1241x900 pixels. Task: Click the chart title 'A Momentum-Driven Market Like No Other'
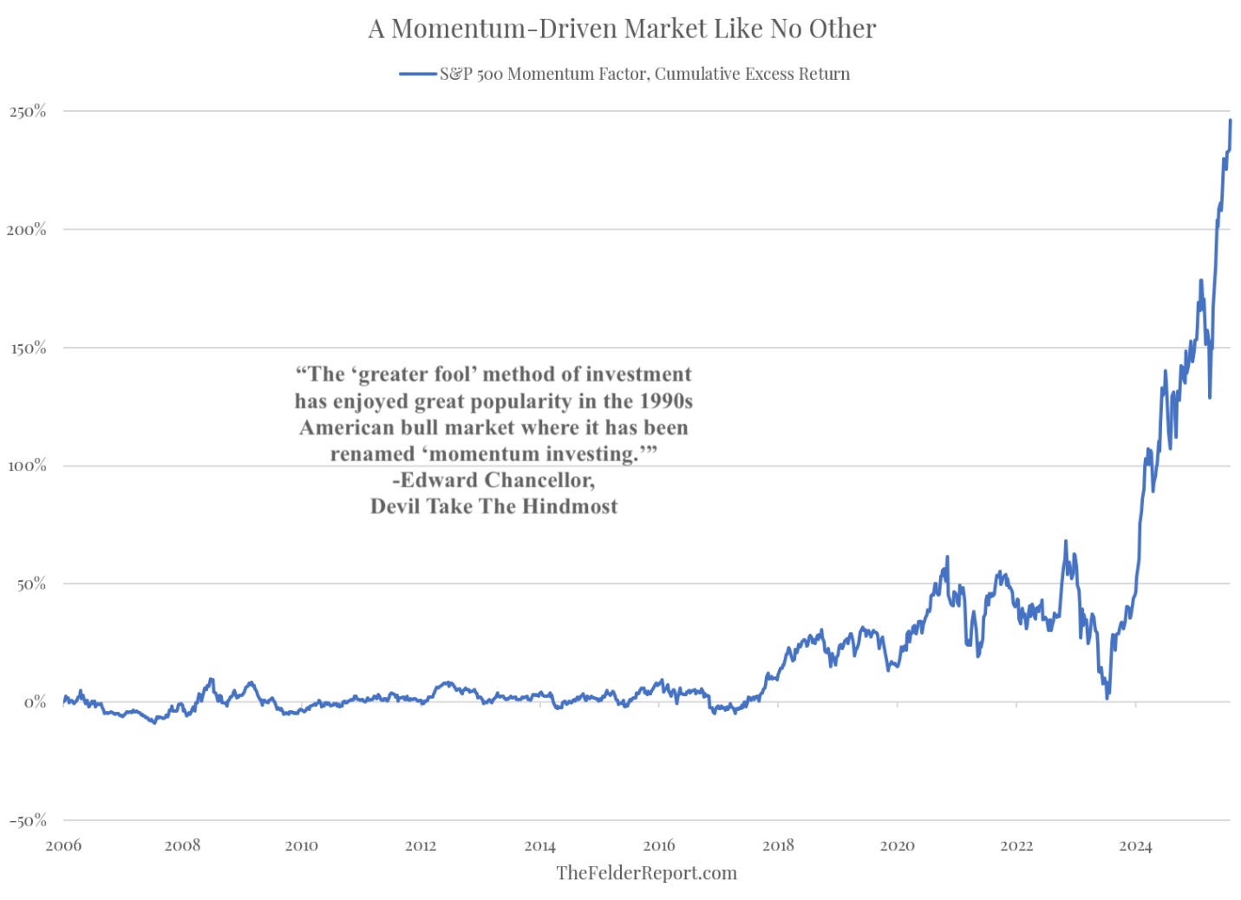click(622, 29)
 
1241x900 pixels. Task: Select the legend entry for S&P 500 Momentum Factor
click(643, 74)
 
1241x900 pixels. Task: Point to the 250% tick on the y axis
click(28, 111)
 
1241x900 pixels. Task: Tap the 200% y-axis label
click(28, 229)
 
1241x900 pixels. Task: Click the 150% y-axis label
click(28, 348)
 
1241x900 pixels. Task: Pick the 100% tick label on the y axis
click(28, 466)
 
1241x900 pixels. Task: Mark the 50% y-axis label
click(30, 584)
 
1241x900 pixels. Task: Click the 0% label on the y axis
click(35, 701)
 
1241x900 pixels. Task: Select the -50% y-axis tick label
click(28, 820)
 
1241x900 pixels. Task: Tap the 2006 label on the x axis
click(63, 845)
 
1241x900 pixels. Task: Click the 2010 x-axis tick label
click(301, 845)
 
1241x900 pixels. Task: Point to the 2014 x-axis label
click(539, 845)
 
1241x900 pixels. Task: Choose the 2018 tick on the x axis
click(778, 845)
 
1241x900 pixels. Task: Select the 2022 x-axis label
click(1016, 845)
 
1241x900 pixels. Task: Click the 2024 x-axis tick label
click(1135, 845)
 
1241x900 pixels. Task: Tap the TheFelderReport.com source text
click(646, 872)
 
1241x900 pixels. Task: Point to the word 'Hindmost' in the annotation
click(570, 506)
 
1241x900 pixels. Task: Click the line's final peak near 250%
click(1230, 121)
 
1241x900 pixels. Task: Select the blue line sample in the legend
click(417, 74)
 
